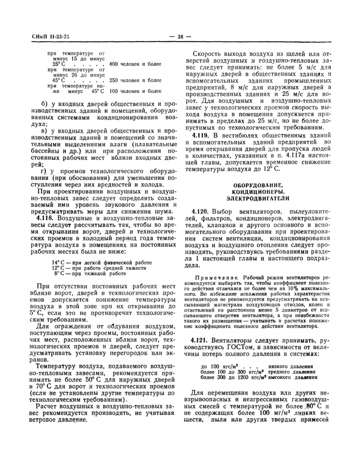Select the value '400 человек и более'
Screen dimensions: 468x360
(132, 64)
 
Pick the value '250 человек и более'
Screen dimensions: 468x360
(132, 80)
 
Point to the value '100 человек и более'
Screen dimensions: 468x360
(132, 91)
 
